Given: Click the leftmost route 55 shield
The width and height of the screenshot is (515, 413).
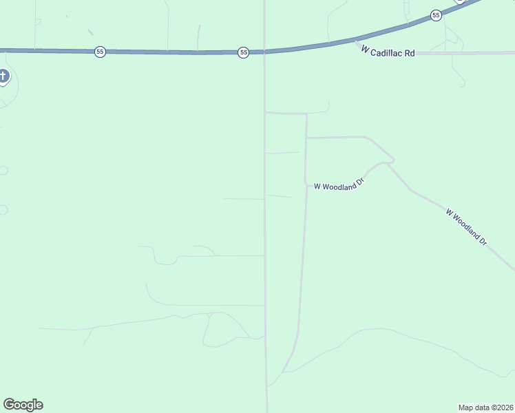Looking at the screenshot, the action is click(x=100, y=52).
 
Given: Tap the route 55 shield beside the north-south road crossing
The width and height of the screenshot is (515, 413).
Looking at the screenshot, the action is click(x=243, y=52).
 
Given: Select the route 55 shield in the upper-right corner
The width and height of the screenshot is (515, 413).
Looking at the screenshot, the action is click(x=436, y=15).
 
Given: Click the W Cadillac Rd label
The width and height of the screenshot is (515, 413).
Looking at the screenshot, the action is click(x=388, y=52).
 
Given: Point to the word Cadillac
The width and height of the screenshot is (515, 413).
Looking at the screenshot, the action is click(x=390, y=52).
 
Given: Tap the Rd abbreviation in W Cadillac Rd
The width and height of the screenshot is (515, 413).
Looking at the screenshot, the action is click(x=410, y=53).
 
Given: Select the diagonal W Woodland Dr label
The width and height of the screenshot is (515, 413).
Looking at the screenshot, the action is click(x=467, y=227).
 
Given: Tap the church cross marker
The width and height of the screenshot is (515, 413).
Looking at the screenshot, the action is click(x=3, y=76).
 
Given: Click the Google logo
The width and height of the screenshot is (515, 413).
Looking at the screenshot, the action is click(x=23, y=405).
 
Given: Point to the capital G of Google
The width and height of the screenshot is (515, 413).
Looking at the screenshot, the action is click(x=9, y=405).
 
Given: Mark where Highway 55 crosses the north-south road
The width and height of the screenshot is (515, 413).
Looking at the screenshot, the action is click(x=265, y=52).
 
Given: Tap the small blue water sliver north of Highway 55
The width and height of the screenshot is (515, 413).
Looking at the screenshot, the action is click(x=90, y=31).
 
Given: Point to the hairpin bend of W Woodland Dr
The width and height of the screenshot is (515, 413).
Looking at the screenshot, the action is click(x=392, y=162).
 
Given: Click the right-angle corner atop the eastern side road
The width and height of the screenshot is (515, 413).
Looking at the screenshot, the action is click(x=306, y=114).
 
